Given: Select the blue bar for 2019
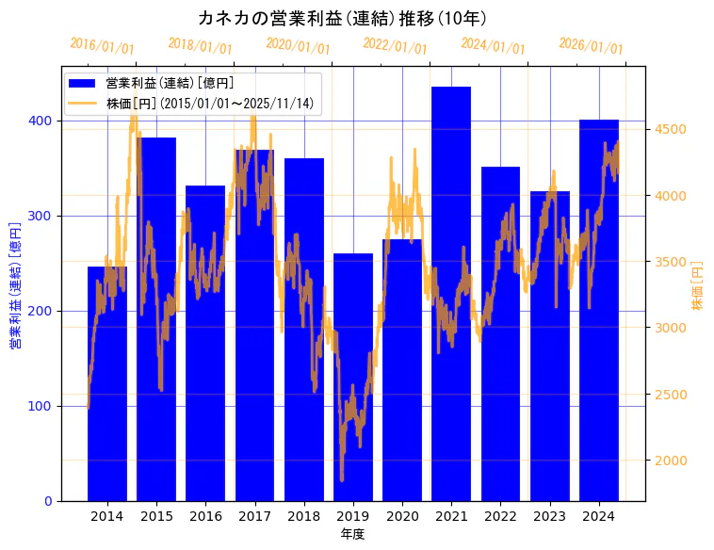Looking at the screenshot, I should point(353,377).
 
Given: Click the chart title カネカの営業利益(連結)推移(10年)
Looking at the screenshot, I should point(343,19).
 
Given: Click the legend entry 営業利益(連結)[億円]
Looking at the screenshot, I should point(170,84).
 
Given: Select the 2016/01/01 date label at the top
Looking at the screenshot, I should point(102,46).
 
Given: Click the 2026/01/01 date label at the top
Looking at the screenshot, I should point(591,46).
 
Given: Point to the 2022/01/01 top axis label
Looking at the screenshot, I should point(395,46).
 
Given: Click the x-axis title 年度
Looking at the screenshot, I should point(352,534).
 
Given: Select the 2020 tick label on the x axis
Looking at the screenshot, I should point(402,516).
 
